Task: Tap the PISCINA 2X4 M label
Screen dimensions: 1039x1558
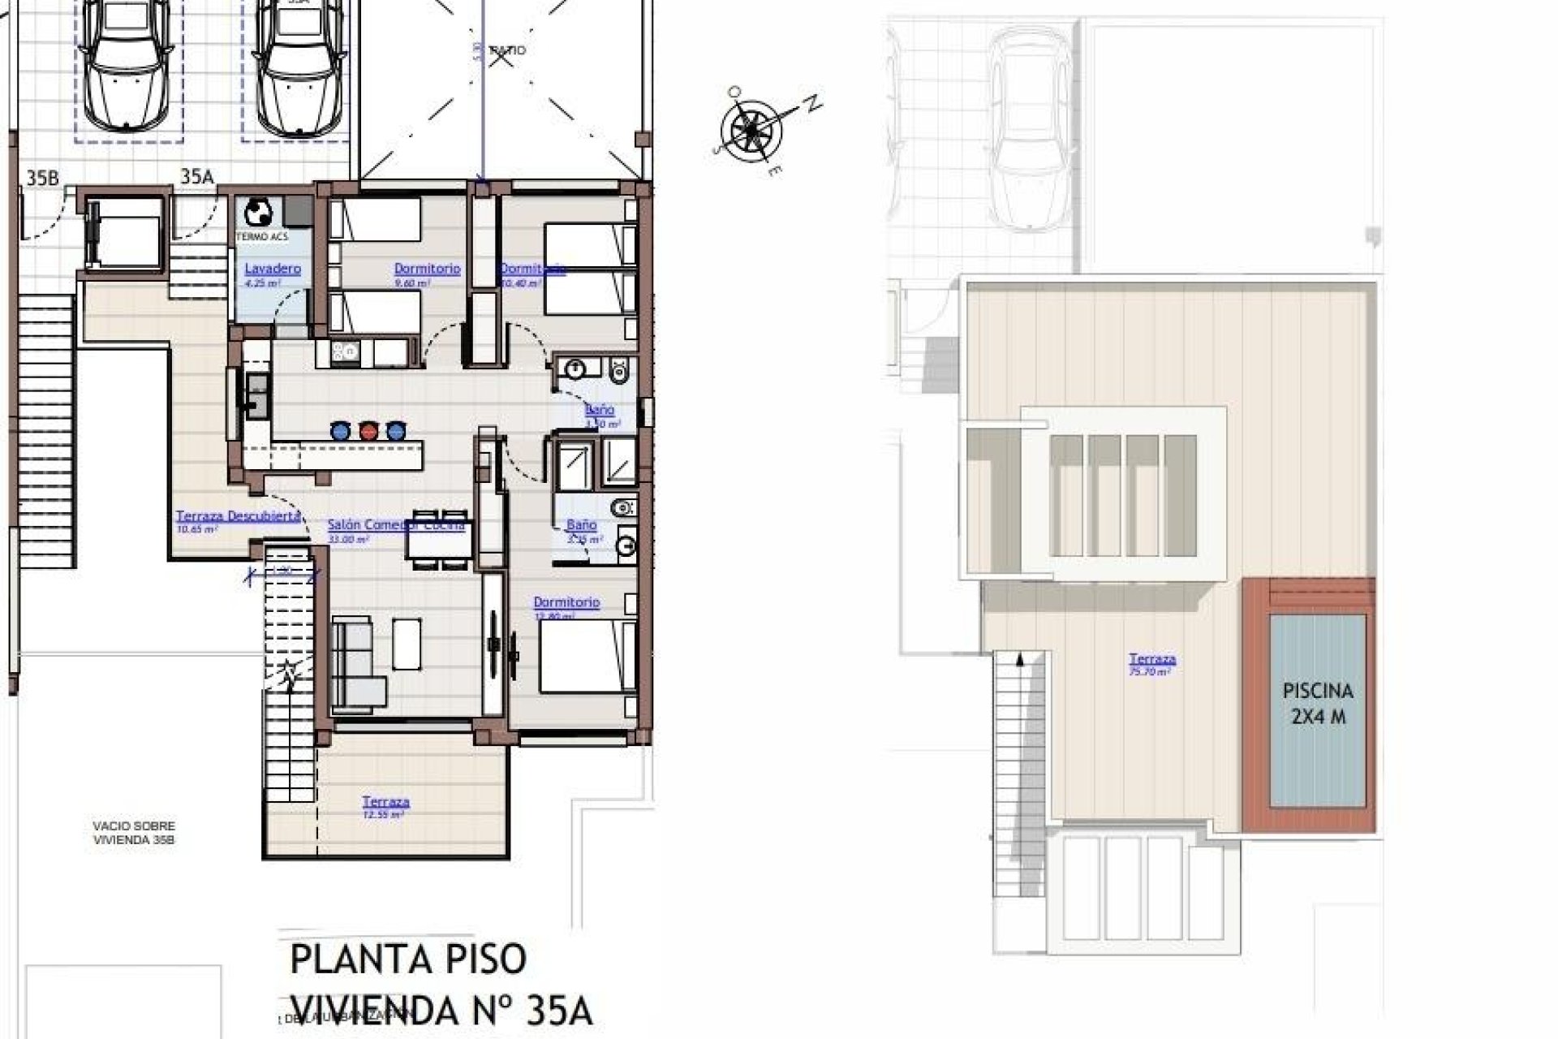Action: point(1318,703)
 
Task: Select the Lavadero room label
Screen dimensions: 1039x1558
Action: point(273,269)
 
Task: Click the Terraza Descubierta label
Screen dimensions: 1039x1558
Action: point(239,516)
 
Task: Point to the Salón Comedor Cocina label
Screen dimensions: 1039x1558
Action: point(395,525)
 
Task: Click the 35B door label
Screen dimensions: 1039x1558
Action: point(42,178)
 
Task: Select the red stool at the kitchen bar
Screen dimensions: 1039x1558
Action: point(368,430)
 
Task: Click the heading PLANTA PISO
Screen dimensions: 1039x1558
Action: point(408,959)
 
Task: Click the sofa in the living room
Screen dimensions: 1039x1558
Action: point(358,661)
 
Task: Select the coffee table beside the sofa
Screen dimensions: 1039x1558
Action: point(407,643)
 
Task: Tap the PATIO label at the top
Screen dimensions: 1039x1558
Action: point(509,50)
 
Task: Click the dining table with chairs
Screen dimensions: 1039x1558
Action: point(439,540)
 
